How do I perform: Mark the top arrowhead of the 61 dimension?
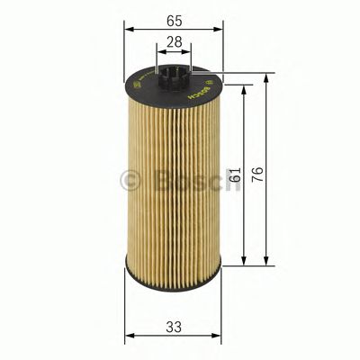pyautogui.click(x=245, y=88)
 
